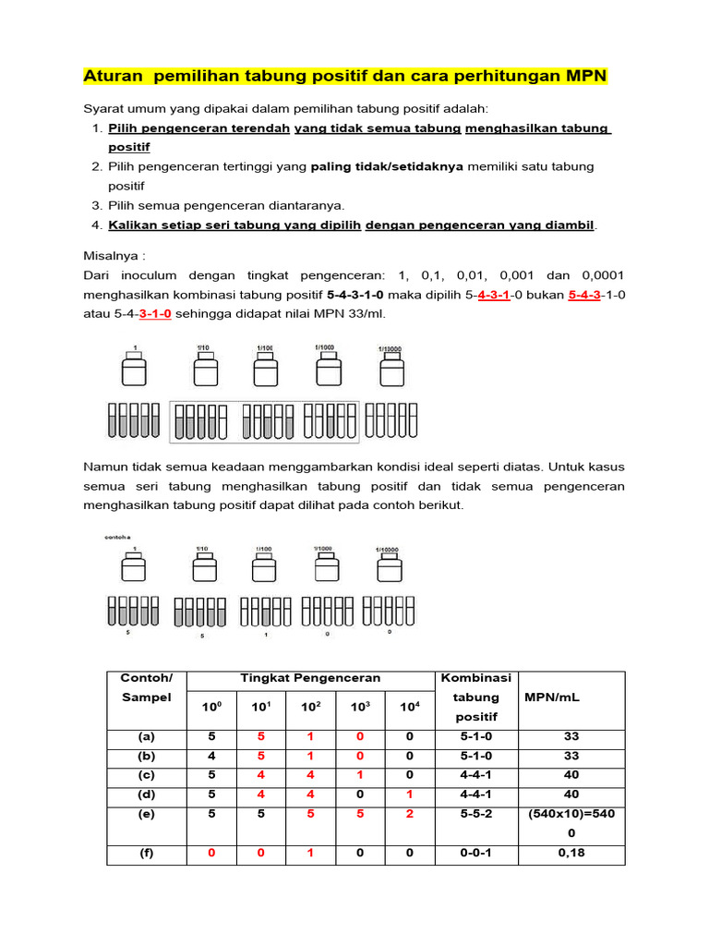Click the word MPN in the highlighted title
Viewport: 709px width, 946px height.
[x=584, y=75]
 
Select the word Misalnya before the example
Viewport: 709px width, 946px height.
[x=114, y=255]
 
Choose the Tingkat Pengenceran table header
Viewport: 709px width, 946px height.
[x=310, y=677]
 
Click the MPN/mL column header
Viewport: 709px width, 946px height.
[x=551, y=697]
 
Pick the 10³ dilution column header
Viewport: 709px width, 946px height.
[x=360, y=708]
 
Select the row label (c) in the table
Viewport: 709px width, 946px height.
[x=147, y=774]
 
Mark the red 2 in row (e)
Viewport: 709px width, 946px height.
[x=409, y=814]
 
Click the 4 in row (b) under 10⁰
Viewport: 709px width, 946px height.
[x=211, y=756]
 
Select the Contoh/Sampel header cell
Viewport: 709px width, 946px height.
[x=146, y=687]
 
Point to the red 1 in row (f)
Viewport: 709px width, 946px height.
[x=310, y=853]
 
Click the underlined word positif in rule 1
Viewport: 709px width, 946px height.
[x=129, y=147]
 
